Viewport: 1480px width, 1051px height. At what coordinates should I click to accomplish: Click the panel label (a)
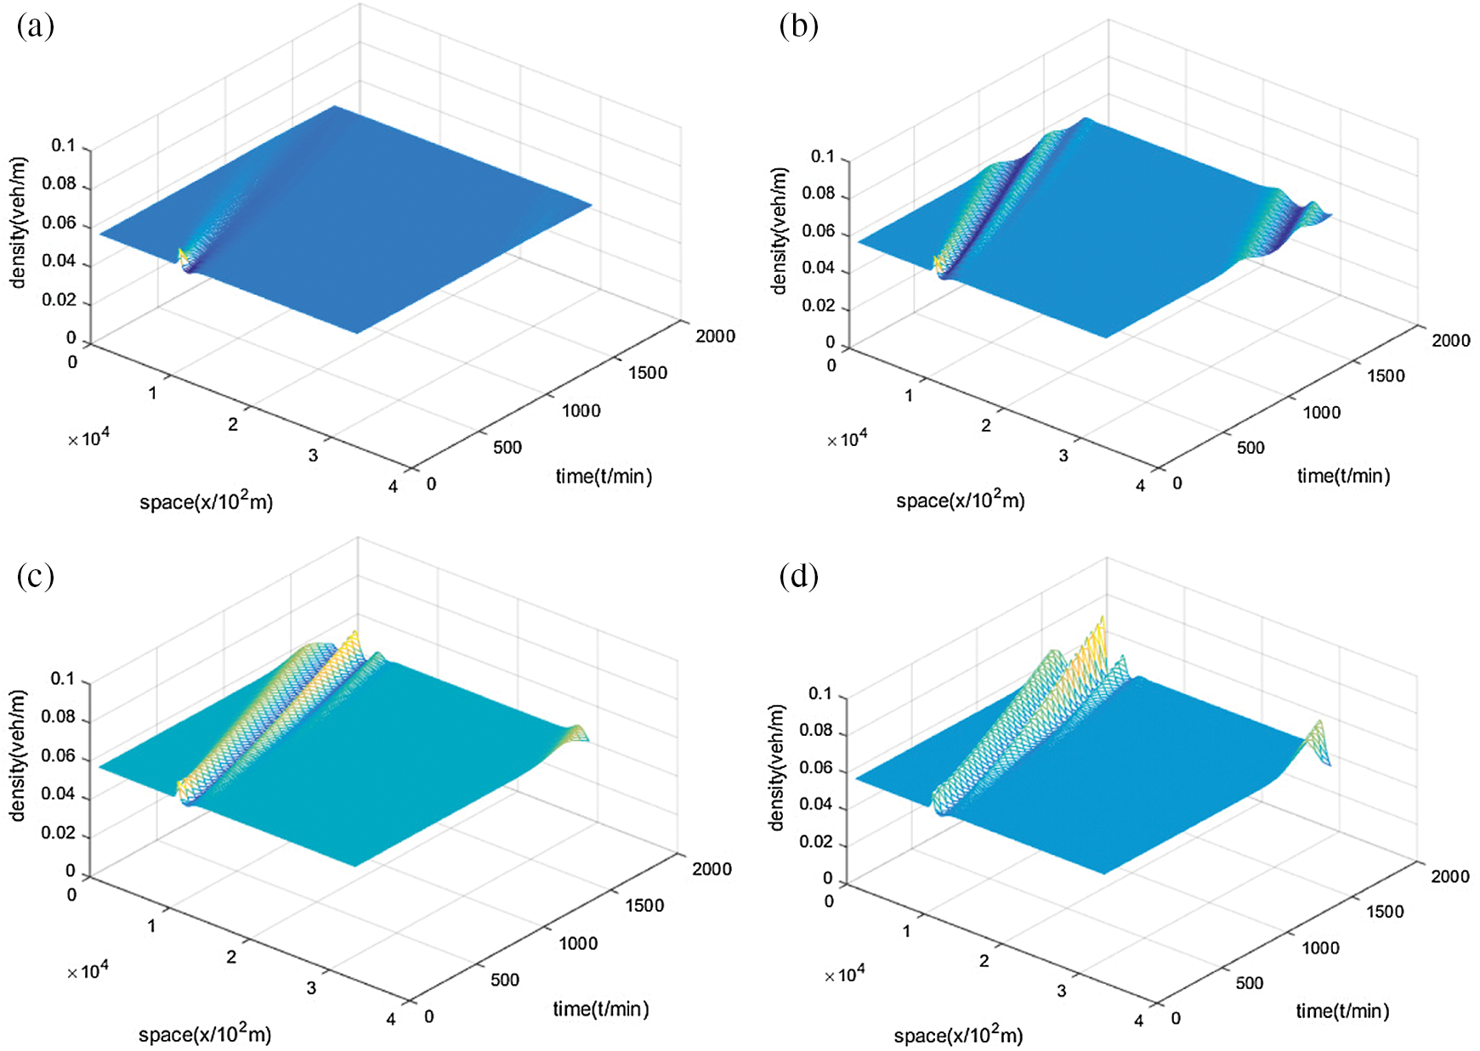[35, 27]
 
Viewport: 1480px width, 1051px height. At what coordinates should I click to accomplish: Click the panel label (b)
[798, 27]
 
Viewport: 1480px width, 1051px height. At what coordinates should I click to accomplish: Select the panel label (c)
[35, 577]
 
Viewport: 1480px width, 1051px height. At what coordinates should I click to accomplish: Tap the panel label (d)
[798, 577]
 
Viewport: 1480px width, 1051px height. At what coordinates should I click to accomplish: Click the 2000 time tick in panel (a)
[715, 336]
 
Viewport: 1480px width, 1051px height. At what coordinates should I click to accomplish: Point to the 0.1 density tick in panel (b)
[822, 157]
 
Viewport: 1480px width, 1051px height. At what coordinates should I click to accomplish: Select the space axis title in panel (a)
[206, 501]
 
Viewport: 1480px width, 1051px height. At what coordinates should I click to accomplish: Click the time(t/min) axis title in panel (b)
[1343, 476]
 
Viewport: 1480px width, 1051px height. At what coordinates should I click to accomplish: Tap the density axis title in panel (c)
[18, 755]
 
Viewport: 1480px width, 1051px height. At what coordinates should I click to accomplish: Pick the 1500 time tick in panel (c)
[644, 906]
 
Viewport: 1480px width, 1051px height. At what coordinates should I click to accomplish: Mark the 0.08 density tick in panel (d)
[816, 731]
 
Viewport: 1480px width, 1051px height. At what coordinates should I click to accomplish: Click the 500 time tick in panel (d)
[1249, 983]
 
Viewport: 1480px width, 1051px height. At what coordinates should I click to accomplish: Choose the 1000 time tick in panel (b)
[1321, 413]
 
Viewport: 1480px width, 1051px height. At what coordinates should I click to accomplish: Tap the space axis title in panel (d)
[958, 1035]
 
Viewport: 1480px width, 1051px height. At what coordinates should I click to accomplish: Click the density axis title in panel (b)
[779, 230]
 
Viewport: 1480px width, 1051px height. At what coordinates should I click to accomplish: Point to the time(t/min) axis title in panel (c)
[601, 1009]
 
